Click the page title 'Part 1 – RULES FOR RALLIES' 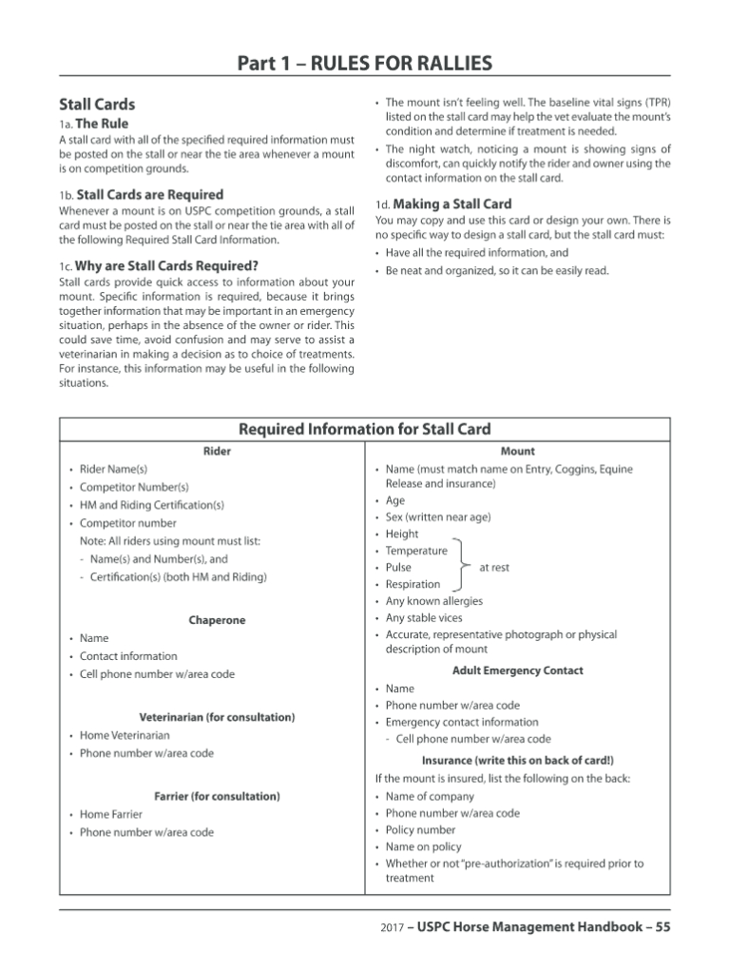point(365,64)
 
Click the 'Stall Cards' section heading point(97,105)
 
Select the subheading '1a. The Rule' point(93,124)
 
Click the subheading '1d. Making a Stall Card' point(443,204)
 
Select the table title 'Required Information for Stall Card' point(365,430)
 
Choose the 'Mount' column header point(517,451)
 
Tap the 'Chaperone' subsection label point(217,620)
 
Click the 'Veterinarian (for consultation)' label point(217,716)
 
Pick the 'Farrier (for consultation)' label point(217,795)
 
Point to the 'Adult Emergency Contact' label point(517,670)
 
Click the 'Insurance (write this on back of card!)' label point(517,761)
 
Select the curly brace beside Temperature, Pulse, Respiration point(462,568)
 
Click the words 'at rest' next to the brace point(493,568)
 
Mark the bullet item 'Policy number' point(420,830)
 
